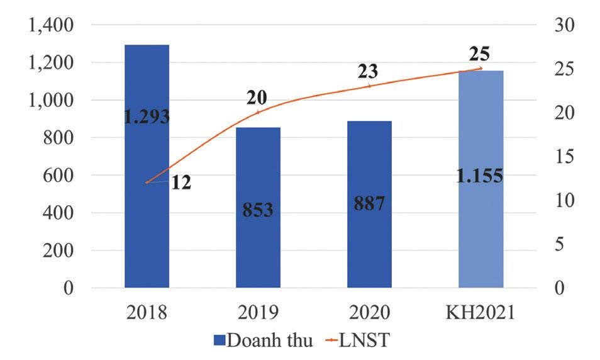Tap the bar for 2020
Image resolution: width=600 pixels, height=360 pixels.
pyautogui.click(x=369, y=252)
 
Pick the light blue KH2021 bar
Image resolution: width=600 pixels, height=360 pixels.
pyautogui.click(x=481, y=239)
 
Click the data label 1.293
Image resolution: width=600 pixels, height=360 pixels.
pyautogui.click(x=146, y=117)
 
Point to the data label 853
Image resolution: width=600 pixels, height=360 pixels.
pyautogui.click(x=258, y=209)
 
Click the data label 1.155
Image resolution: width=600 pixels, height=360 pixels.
pyautogui.click(x=481, y=176)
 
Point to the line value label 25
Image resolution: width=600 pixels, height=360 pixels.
pyautogui.click(x=479, y=53)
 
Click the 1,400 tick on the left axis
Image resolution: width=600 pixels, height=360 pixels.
pyautogui.click(x=48, y=25)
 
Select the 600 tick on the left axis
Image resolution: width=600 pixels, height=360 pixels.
pyautogui.click(x=57, y=176)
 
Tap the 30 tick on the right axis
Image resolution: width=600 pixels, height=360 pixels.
pyautogui.click(x=562, y=25)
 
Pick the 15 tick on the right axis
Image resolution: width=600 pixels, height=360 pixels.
pyautogui.click(x=562, y=157)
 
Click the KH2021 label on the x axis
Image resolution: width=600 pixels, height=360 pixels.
pyautogui.click(x=481, y=313)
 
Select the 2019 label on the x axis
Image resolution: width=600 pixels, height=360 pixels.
pyautogui.click(x=258, y=313)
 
